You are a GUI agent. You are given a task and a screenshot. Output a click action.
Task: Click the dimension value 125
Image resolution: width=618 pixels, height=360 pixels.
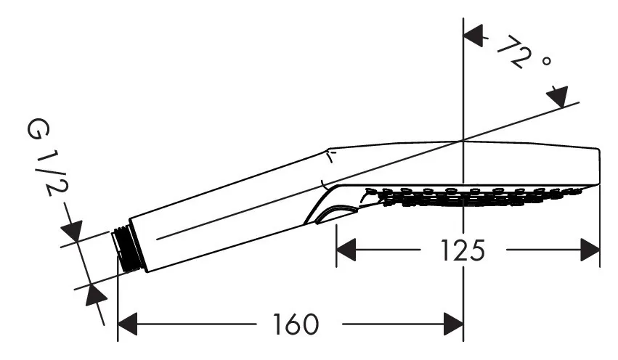coord(463,250)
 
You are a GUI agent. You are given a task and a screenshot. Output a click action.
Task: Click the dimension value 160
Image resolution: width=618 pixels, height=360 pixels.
coord(296,324)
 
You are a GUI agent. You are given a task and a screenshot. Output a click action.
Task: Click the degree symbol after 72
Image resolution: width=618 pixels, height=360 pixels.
coord(546,61)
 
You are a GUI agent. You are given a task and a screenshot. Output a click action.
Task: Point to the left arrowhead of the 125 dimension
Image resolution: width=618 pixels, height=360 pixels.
coord(346,250)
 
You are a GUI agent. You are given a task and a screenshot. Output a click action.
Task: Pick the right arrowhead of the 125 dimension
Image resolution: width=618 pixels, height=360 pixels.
coord(590,250)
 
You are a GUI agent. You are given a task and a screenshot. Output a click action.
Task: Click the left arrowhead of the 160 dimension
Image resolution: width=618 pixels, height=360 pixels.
coord(128,324)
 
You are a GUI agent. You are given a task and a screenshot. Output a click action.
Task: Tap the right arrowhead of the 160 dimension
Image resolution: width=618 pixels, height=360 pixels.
coord(453,324)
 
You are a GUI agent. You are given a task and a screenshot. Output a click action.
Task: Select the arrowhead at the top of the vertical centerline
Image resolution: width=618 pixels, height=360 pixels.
coord(473,36)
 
